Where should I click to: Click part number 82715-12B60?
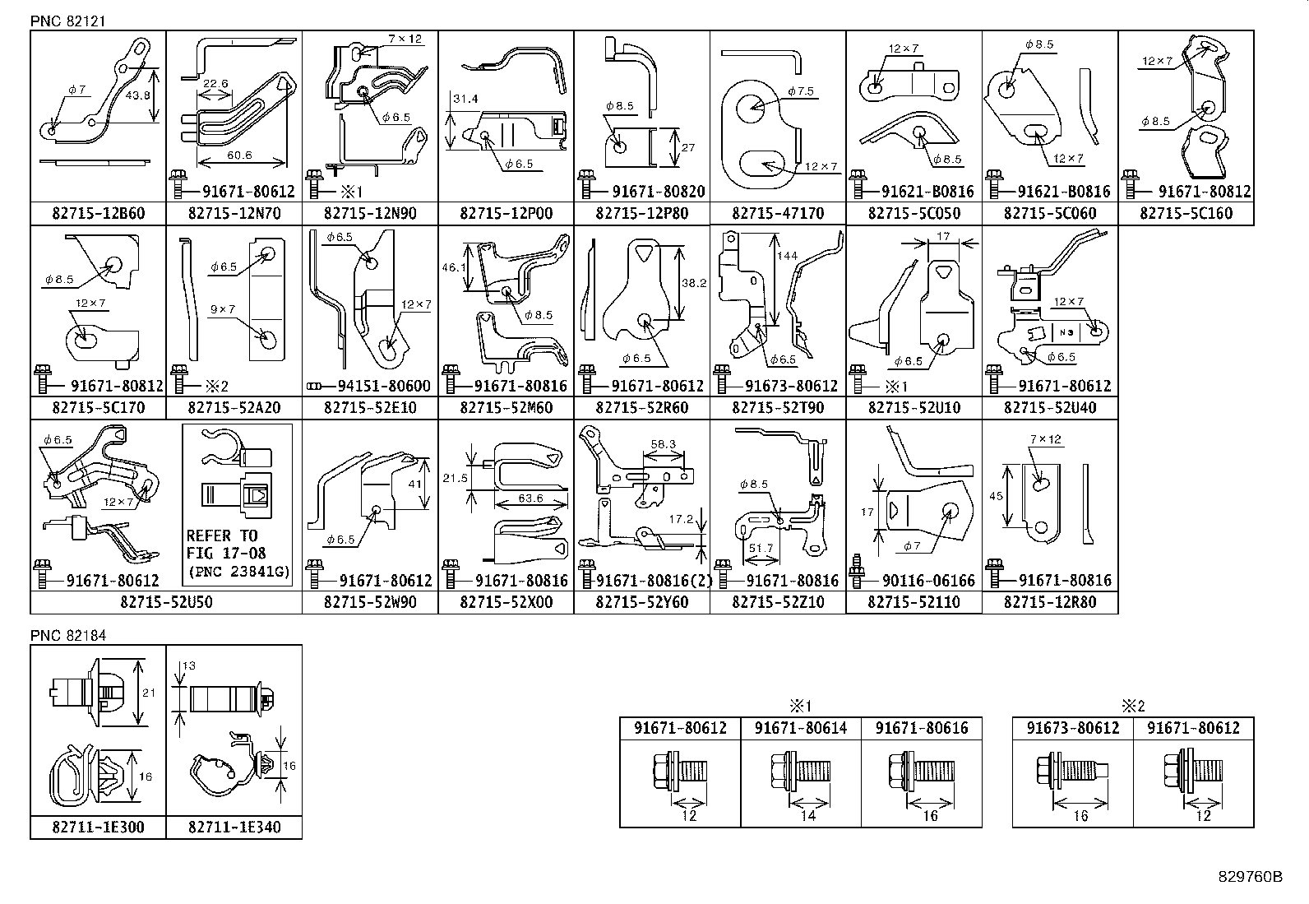97,214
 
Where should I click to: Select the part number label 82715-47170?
777,214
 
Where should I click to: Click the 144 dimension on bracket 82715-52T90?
787,257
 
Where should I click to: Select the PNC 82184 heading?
68,636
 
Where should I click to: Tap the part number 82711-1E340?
234,828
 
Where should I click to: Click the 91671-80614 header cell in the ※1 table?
800,728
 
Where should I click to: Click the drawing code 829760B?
1250,877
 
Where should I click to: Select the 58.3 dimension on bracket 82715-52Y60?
663,444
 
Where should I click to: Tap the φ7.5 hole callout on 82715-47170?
800,91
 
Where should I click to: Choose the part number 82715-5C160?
1186,214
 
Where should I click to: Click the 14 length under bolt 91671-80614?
808,816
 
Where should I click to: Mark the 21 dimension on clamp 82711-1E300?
149,693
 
